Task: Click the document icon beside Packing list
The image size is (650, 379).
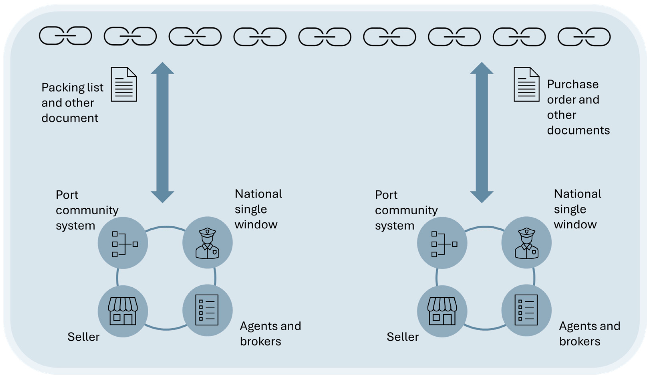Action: point(124,84)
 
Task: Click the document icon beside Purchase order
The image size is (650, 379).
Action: point(526,84)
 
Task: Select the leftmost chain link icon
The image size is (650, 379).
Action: point(65,36)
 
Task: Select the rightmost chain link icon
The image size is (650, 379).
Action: point(584,37)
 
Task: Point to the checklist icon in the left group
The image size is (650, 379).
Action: point(207,310)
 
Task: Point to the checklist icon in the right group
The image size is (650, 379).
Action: point(526,310)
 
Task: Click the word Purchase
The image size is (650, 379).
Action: point(573,84)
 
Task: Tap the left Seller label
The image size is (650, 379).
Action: point(83,337)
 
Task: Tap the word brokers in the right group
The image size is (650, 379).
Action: point(580,342)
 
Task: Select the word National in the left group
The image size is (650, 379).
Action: point(258,194)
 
